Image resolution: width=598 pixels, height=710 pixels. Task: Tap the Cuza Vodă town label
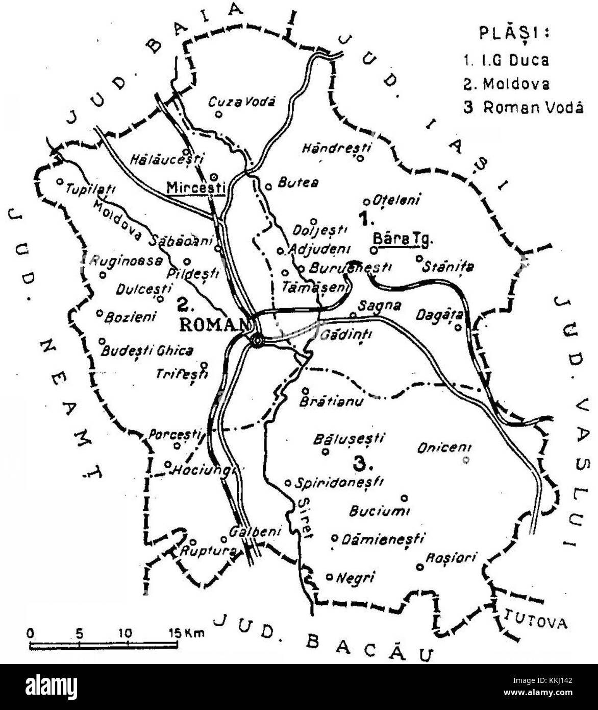(x=242, y=102)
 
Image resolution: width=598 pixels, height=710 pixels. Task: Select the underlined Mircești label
(x=196, y=187)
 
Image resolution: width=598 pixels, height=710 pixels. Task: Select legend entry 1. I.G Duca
(x=506, y=60)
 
